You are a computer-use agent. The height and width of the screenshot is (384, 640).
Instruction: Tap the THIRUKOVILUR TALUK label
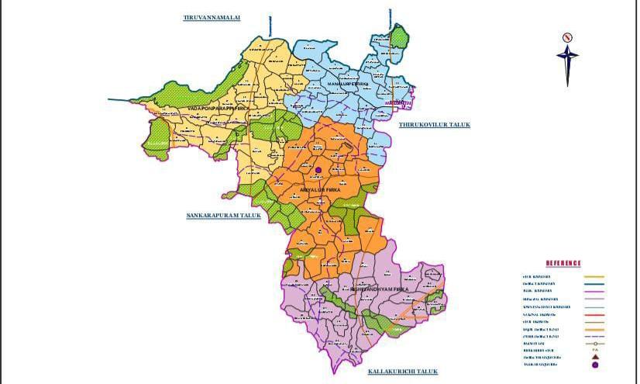435,125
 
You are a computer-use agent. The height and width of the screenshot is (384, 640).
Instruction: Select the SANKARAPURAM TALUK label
223,216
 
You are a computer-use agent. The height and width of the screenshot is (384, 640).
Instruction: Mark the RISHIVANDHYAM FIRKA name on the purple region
380,289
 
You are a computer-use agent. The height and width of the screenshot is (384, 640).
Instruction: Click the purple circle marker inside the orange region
318,169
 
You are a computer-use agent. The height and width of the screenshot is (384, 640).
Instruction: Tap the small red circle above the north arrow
567,36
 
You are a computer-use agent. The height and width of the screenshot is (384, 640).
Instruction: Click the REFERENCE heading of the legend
563,264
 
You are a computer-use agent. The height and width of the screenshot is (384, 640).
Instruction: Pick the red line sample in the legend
593,313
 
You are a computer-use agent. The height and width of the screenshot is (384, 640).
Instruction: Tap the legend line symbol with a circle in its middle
593,343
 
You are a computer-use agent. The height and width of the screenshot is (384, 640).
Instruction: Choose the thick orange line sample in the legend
593,328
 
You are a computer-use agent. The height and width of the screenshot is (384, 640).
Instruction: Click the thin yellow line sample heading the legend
593,277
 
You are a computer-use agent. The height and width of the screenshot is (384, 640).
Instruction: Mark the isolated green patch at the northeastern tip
399,36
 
